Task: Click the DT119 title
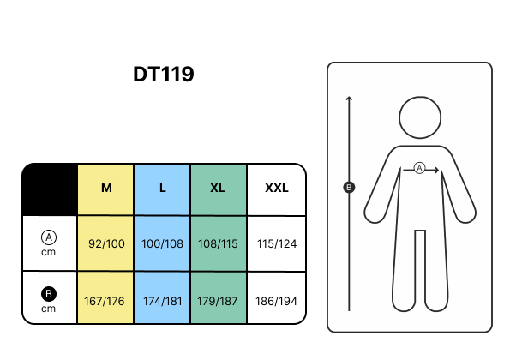point(164,75)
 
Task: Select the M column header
point(106,188)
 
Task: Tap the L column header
point(163,188)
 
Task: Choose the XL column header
point(218,188)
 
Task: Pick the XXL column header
point(277,188)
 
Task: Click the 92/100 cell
point(106,243)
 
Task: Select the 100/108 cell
point(162,243)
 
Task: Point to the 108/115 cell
point(218,243)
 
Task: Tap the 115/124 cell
point(277,243)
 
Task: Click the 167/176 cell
point(105,301)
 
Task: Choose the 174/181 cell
point(162,301)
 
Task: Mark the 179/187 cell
point(217,301)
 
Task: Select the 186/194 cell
point(276,301)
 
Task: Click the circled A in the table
point(49,237)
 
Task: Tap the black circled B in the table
point(49,294)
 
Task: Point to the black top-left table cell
point(50,189)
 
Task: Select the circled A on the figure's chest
point(420,168)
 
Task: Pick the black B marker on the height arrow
point(349,188)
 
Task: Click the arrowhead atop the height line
point(349,98)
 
